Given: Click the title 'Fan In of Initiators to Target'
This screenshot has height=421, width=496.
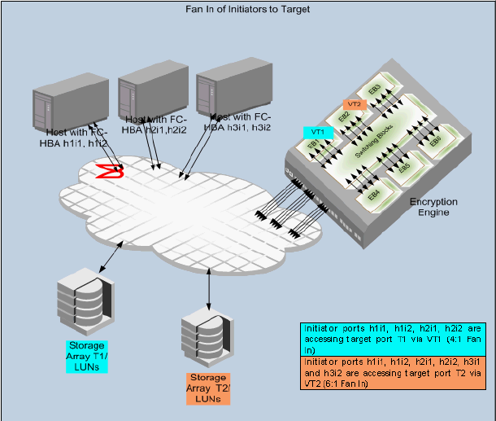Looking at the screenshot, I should [247, 9].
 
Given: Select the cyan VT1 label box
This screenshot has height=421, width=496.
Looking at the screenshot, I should [318, 131].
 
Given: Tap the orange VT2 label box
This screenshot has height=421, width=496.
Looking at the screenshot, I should [354, 104].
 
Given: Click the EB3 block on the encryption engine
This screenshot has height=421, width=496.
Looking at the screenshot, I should [375, 89].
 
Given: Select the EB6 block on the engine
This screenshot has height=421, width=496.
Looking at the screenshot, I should [436, 141].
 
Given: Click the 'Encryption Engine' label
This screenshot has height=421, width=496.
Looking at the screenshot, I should [433, 207].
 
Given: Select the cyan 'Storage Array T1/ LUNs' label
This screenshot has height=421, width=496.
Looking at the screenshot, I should [87, 356].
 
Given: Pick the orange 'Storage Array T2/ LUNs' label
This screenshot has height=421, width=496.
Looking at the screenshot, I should [209, 388].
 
